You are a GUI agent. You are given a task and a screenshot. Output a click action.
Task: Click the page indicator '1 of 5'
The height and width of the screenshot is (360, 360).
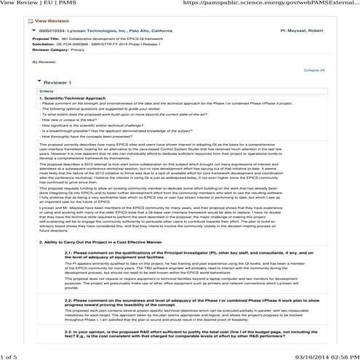[10, 354]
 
